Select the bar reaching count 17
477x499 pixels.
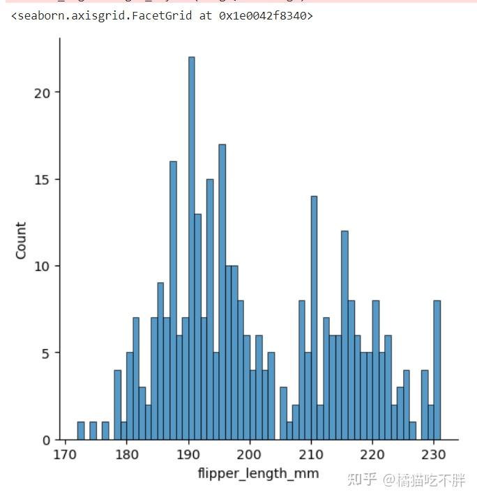click(x=222, y=292)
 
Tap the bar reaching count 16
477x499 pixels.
click(x=173, y=300)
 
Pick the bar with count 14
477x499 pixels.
click(x=314, y=318)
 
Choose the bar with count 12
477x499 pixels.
click(x=344, y=335)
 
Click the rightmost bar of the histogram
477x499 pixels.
click(x=437, y=370)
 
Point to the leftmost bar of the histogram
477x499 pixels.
click(x=81, y=431)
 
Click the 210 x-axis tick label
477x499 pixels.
click(x=311, y=454)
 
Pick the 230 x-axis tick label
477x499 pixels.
click(x=434, y=454)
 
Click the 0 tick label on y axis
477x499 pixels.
click(x=46, y=440)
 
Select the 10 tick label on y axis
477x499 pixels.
click(x=43, y=266)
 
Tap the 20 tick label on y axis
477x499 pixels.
click(x=43, y=93)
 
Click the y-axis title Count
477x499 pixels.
click(x=21, y=240)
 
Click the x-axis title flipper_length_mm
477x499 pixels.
click(x=258, y=474)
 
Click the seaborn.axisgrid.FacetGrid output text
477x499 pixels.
click(x=162, y=15)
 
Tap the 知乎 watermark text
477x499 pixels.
click(x=361, y=480)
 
